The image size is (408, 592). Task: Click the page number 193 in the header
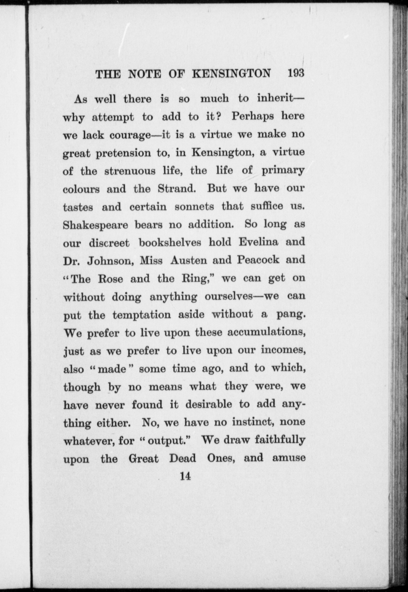(x=296, y=73)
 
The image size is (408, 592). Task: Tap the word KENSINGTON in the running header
(x=231, y=74)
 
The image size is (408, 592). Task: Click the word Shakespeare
(x=95, y=225)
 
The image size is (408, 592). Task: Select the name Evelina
(x=258, y=242)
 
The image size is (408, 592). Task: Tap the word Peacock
(x=258, y=260)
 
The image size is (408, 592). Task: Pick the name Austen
(x=188, y=260)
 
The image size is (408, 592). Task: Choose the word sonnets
(x=194, y=206)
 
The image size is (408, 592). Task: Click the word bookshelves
(x=170, y=242)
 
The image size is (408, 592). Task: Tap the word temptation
(x=142, y=315)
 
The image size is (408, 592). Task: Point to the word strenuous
(x=130, y=171)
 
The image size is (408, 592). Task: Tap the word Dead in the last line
(x=183, y=458)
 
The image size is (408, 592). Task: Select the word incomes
(x=283, y=350)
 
